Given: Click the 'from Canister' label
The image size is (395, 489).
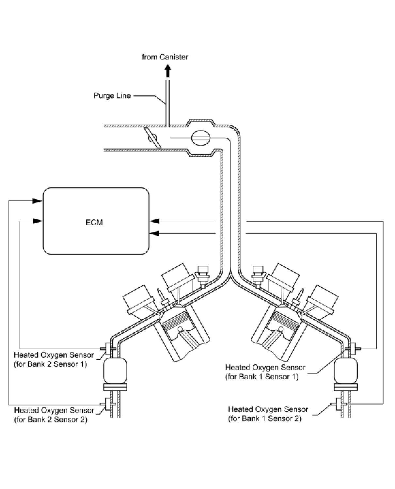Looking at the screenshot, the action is point(165,57).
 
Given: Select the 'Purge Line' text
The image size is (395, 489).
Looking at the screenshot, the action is point(112,96).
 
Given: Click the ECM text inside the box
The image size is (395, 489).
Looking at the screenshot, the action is point(94,222).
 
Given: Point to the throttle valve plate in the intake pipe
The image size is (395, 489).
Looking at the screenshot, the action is point(153,138).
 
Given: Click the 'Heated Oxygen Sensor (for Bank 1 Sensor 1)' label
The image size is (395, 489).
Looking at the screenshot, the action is point(265,372).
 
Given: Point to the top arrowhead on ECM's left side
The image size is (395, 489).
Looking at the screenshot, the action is point(37,201).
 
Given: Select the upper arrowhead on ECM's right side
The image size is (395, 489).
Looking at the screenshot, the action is point(154,221).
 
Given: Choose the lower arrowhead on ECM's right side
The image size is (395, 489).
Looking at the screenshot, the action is point(154,233).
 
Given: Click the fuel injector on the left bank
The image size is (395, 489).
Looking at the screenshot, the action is point(202,276).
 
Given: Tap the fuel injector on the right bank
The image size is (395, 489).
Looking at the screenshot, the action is point(258,276).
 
